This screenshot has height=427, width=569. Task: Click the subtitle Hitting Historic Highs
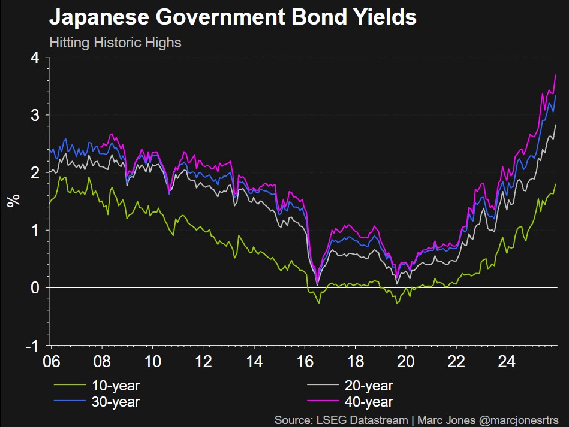click(x=115, y=43)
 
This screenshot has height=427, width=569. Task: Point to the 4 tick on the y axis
click(x=35, y=58)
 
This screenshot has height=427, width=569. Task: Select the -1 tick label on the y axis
click(x=32, y=346)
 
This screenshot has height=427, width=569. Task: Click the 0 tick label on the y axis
click(x=35, y=288)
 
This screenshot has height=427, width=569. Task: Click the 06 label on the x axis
click(x=51, y=362)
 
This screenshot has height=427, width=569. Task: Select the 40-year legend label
click(x=369, y=402)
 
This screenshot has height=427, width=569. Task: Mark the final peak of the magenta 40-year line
click(x=556, y=75)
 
